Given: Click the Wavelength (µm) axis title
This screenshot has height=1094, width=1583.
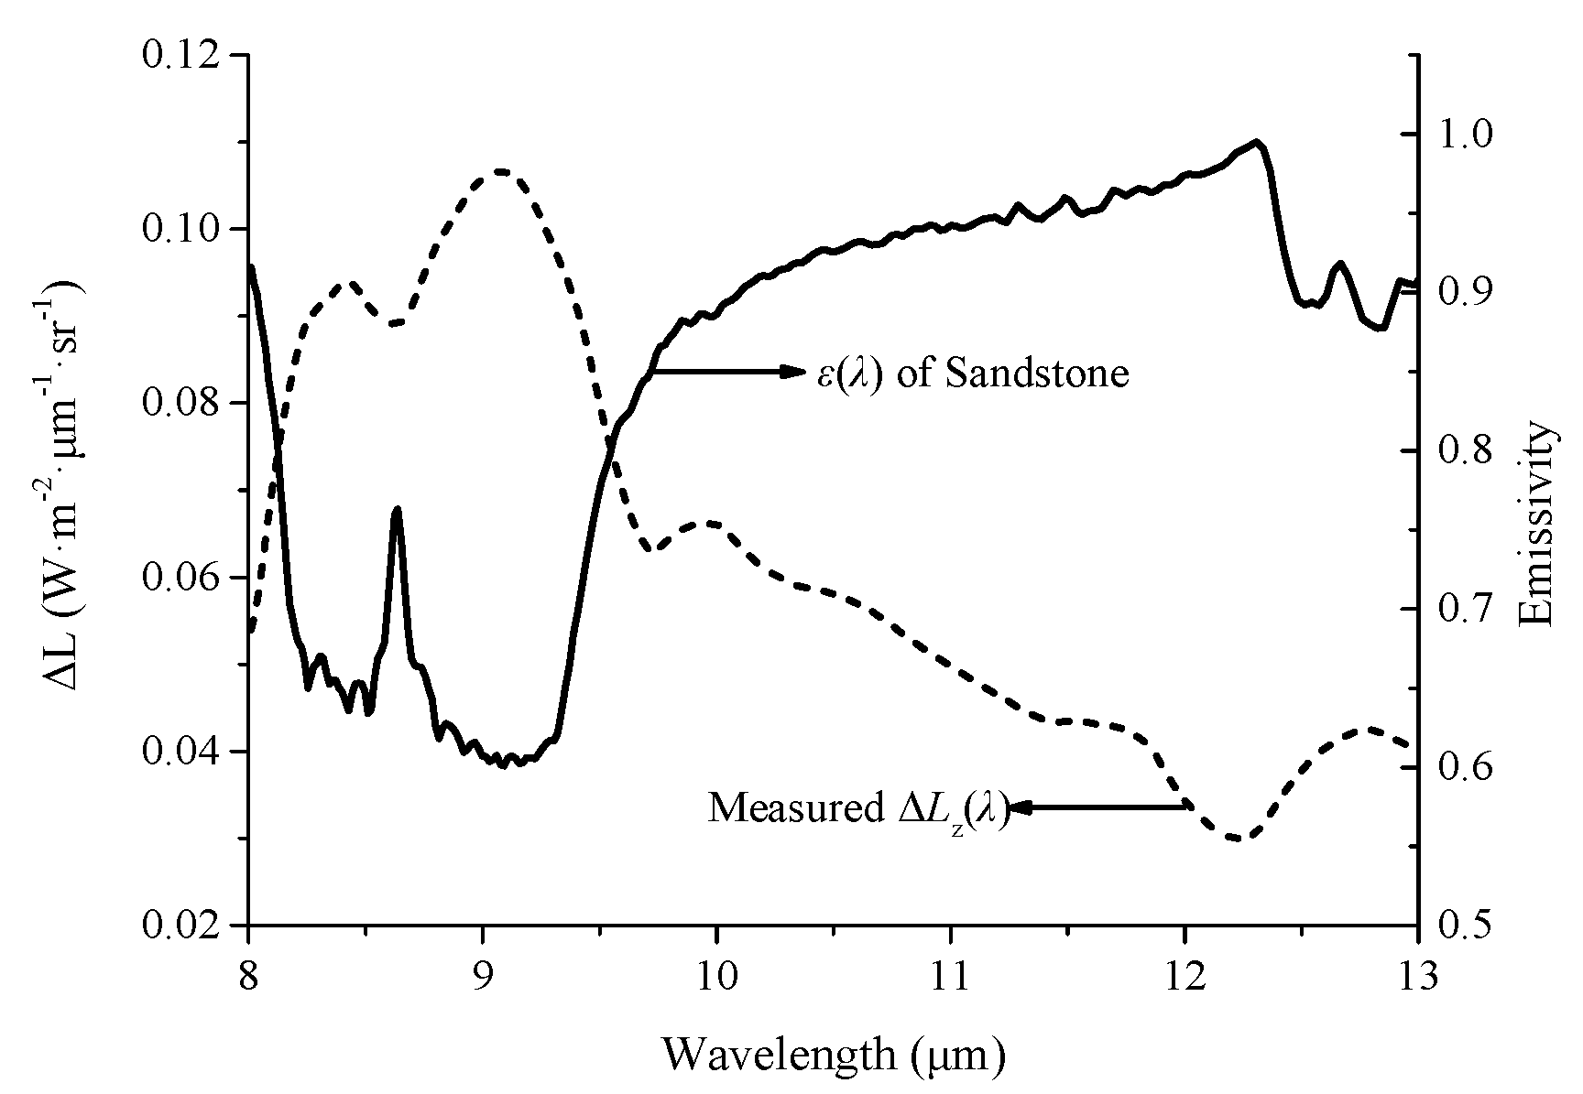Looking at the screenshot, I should (834, 1055).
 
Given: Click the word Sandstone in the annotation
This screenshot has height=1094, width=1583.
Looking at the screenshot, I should (1036, 374).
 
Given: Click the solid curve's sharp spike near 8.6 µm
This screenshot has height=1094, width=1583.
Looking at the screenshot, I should (397, 509).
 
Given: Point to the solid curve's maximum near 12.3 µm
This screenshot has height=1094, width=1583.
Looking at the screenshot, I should (1256, 142).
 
